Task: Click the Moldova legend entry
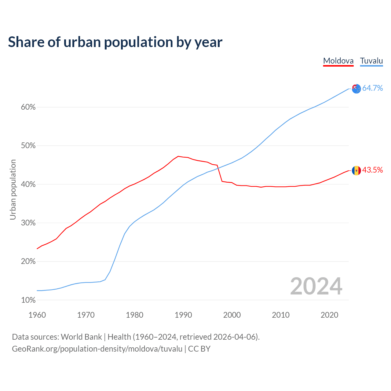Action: click(338, 61)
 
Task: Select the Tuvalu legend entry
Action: click(371, 61)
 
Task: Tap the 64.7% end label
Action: click(372, 88)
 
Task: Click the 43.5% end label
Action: click(372, 170)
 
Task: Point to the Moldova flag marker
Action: click(356, 170)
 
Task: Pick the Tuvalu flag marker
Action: click(356, 89)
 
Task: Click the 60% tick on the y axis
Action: click(28, 107)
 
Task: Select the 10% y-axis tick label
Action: click(28, 300)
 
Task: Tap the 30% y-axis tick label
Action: click(28, 223)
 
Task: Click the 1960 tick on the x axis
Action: click(37, 315)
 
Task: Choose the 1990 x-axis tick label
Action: click(183, 315)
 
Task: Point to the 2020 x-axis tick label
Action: click(329, 315)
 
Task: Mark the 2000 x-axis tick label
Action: click(232, 315)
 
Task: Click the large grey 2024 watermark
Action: click(316, 286)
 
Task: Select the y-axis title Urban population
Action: click(13, 189)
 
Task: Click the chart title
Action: click(115, 42)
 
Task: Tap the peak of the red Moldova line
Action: click(178, 156)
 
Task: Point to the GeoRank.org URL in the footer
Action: click(97, 349)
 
